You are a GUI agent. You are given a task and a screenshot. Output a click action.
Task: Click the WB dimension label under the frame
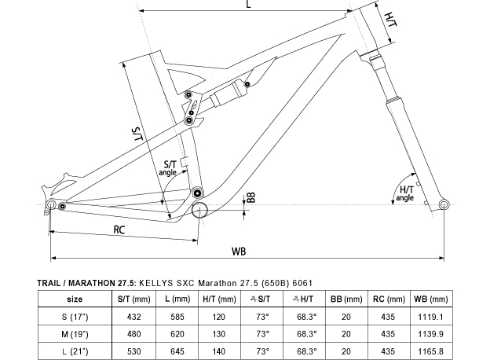point(239,252)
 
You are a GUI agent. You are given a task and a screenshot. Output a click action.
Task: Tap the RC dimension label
point(119,230)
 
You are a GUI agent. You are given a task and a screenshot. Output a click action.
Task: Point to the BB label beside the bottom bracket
point(251,197)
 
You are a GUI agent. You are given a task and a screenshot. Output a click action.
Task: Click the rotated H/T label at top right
point(390,20)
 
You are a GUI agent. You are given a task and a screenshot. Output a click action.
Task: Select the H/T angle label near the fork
point(405,193)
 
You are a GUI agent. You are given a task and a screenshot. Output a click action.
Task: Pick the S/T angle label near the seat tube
point(168,168)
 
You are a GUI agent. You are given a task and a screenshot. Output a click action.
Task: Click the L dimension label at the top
point(249,4)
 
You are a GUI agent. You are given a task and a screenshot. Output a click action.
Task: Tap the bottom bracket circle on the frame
point(199,210)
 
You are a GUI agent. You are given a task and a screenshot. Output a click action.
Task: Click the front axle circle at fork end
point(444,205)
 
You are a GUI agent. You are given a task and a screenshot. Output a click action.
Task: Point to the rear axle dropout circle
point(50,204)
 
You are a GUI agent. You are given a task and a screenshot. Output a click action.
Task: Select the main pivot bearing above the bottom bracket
point(197,193)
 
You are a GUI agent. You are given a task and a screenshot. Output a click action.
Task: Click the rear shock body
point(228,93)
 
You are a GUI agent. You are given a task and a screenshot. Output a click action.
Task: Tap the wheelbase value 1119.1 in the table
point(430,317)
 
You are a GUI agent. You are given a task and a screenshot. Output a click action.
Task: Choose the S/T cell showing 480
point(133,334)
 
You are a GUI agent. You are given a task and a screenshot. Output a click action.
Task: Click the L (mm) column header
point(177,299)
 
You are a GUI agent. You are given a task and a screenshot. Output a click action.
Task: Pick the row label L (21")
point(75,351)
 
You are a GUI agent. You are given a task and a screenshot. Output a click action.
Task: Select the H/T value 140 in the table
point(218,351)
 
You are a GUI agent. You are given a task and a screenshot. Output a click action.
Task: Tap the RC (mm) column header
point(389,299)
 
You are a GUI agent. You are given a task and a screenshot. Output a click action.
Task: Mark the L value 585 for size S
point(177,317)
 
